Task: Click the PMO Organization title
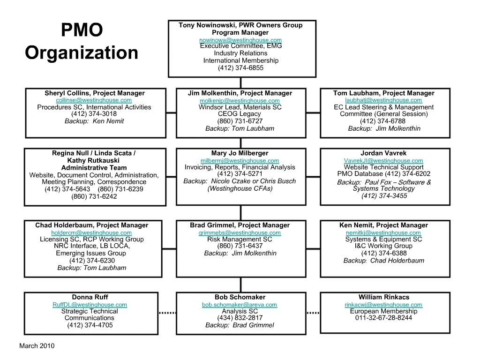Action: [x=82, y=41]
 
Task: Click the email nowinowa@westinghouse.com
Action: [x=240, y=40]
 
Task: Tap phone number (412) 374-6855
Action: [x=240, y=68]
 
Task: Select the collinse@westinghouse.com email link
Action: [x=94, y=100]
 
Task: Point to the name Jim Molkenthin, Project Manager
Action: [x=240, y=93]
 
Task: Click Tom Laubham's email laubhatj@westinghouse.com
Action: [x=383, y=100]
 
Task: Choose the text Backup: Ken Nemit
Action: [x=94, y=121]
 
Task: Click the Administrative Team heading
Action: [x=94, y=168]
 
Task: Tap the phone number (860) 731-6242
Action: [x=94, y=196]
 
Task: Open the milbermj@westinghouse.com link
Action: [x=240, y=161]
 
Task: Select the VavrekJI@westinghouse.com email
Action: [x=383, y=161]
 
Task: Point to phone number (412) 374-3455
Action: [x=384, y=196]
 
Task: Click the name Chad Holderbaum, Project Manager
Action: [x=92, y=225]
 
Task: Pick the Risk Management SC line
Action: [x=240, y=240]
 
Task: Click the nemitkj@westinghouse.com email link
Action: [x=383, y=233]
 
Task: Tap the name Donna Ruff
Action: [x=90, y=297]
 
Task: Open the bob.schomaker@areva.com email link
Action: [x=240, y=305]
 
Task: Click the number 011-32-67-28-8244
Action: [x=383, y=318]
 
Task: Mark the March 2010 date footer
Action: [x=37, y=346]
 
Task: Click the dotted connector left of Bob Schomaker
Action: [x=168, y=313]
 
